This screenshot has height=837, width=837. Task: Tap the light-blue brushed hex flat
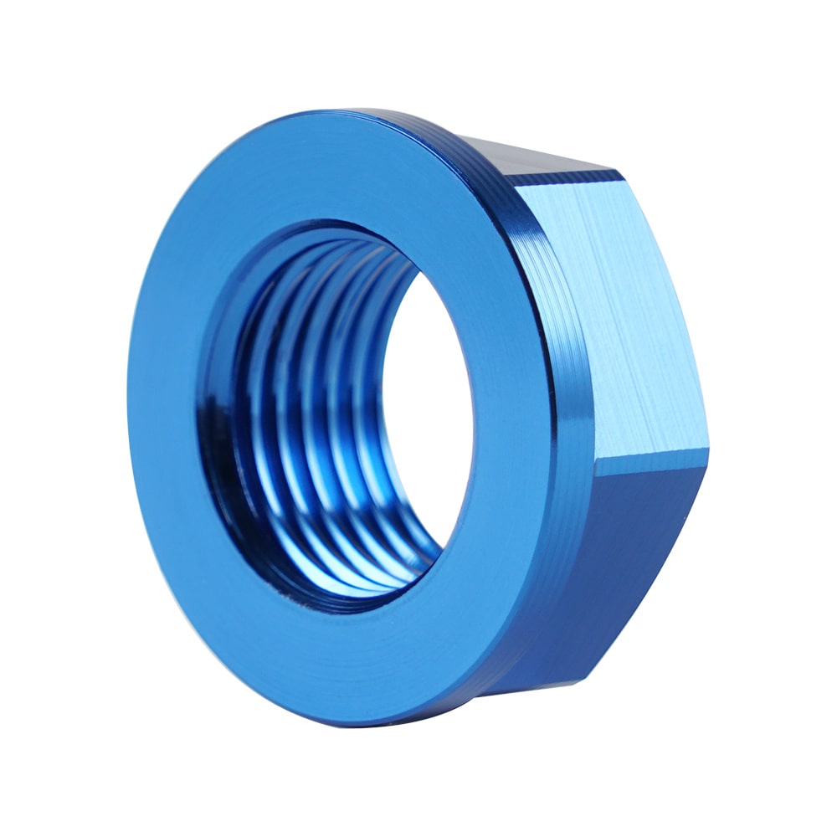[611, 310]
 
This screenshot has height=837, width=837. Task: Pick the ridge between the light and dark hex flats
[653, 456]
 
